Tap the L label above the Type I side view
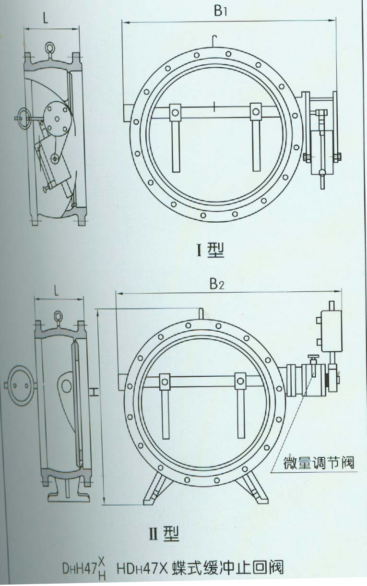(x=45, y=19)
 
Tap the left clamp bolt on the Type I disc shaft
(x=175, y=113)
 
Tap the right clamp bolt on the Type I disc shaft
(x=255, y=113)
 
